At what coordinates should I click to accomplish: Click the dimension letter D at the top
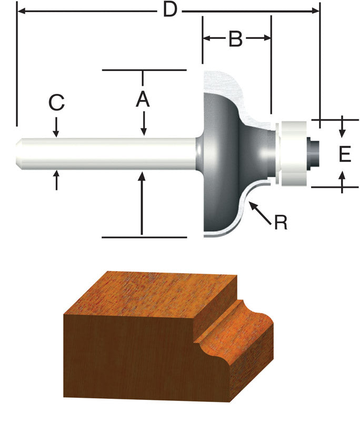[169, 9]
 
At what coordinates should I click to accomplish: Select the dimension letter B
[235, 38]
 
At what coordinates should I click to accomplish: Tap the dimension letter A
[143, 98]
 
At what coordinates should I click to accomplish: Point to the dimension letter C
[56, 103]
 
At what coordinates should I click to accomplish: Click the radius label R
[281, 223]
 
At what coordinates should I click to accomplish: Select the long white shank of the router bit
[105, 154]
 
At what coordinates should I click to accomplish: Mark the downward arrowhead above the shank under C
[56, 134]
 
